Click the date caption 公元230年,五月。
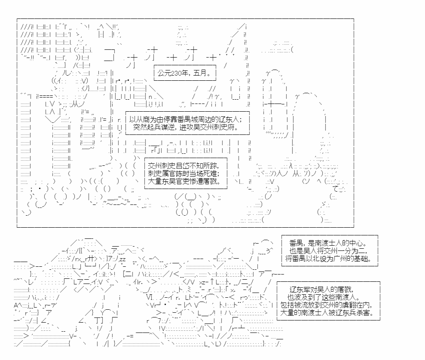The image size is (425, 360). pyautogui.click(x=184, y=73)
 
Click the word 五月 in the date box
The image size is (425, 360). pyautogui.click(x=200, y=73)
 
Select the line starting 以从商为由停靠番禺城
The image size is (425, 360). pyautogui.click(x=186, y=119)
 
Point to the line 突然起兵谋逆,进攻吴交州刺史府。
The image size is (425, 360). pyautogui.click(x=187, y=127)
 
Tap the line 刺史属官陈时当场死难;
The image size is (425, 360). pyautogui.click(x=184, y=174)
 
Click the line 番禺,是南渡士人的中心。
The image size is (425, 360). pyautogui.click(x=330, y=243)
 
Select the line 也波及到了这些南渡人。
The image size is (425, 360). pyautogui.click(x=324, y=297)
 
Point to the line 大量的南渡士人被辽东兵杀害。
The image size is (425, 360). pyautogui.click(x=327, y=313)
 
